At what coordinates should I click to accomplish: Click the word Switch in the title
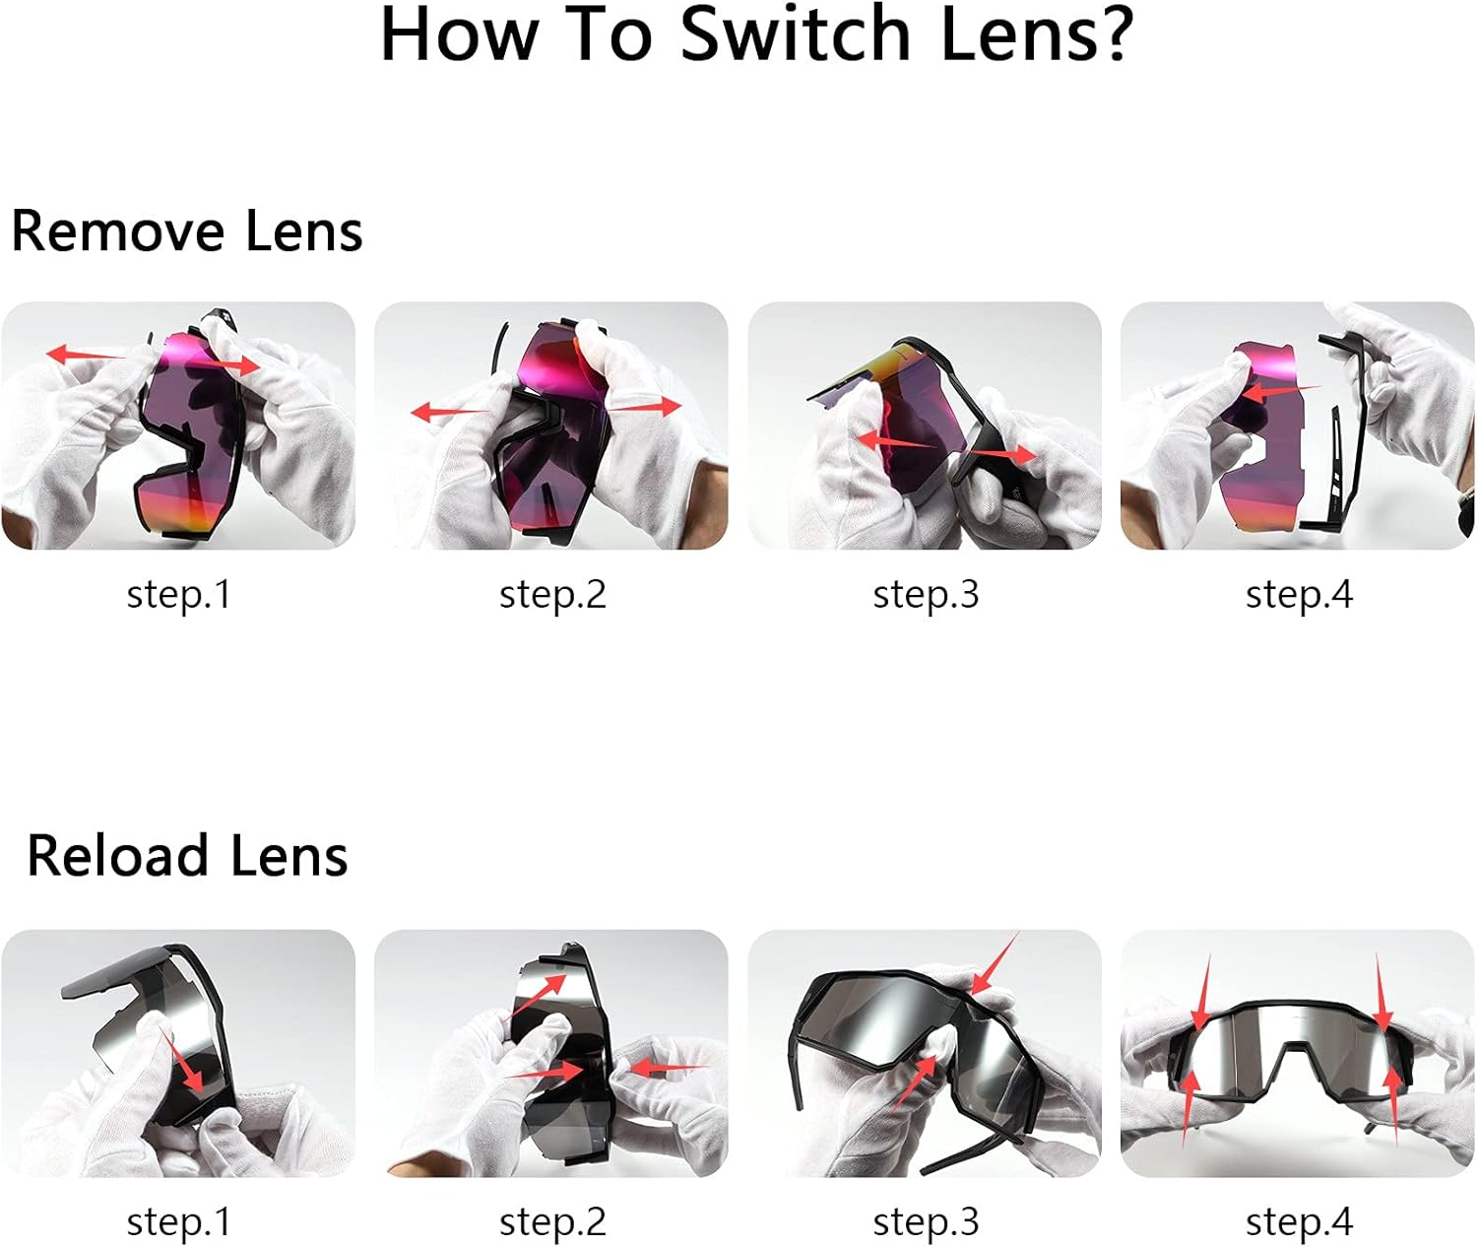click(795, 33)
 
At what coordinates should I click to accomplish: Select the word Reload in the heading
click(117, 856)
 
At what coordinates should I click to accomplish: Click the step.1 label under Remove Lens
click(178, 595)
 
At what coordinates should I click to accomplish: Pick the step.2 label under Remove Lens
click(551, 595)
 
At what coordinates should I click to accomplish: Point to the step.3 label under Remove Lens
click(926, 595)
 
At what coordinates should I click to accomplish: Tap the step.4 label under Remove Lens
click(1299, 595)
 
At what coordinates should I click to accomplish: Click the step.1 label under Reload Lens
click(178, 1222)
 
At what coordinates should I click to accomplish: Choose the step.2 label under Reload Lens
click(551, 1222)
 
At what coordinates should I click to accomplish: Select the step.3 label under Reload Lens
click(926, 1222)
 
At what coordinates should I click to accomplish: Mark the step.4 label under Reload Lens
click(1299, 1222)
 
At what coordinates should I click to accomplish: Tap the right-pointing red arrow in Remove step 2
click(645, 407)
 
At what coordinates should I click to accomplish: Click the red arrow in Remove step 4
click(1280, 391)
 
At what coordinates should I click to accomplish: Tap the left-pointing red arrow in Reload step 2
click(668, 1068)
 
